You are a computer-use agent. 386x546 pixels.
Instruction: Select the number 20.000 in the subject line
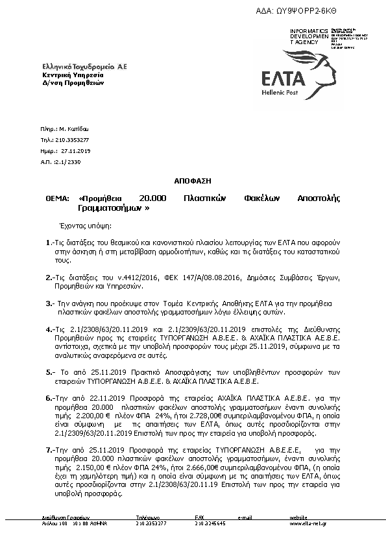(x=153, y=197)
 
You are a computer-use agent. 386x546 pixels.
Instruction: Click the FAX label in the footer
(x=200, y=517)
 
